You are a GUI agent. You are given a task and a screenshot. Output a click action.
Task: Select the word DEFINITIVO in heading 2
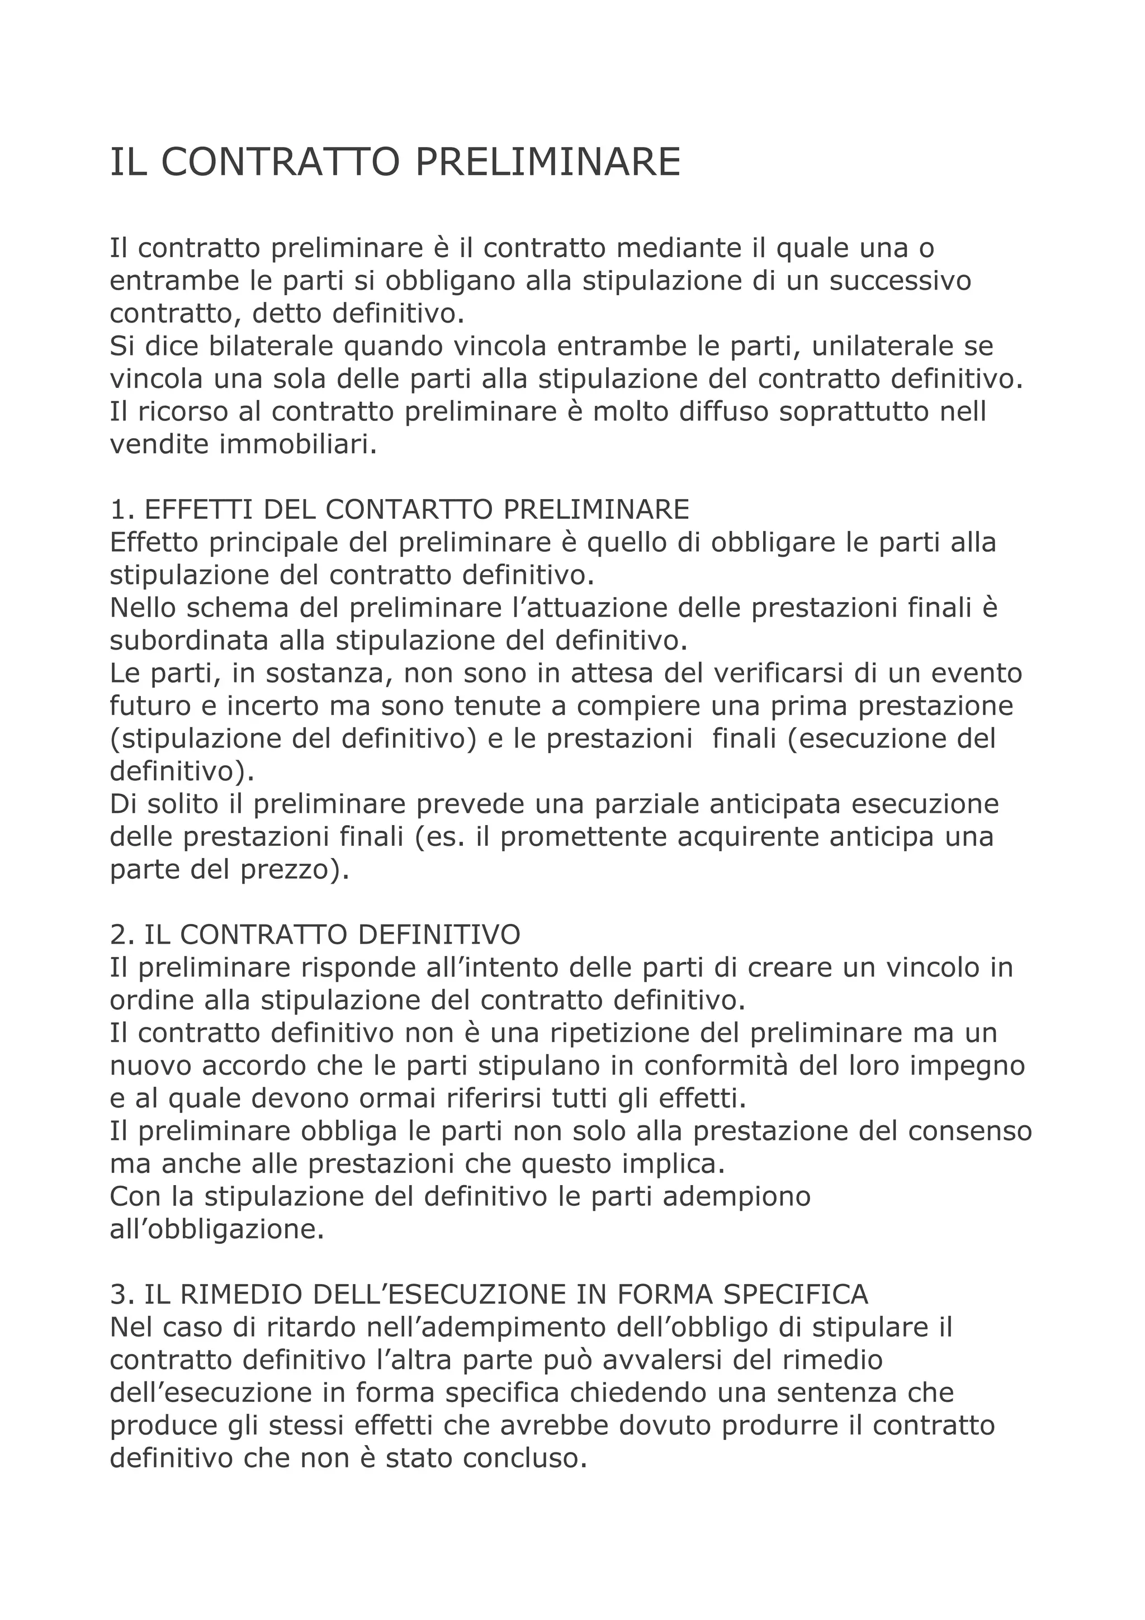click(439, 935)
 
